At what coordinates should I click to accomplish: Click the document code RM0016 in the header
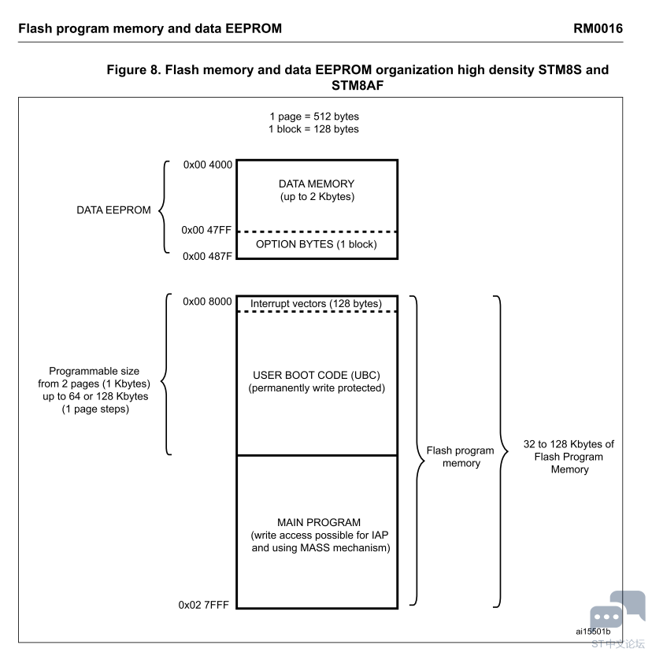[x=598, y=28]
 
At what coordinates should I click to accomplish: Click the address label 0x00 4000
[x=207, y=165]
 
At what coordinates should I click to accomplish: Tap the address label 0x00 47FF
[x=206, y=230]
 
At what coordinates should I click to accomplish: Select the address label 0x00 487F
[x=207, y=257]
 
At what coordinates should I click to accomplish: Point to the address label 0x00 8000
[x=207, y=302]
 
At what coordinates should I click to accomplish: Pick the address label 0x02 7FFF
[x=204, y=605]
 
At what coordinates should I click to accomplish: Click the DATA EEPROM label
[x=113, y=210]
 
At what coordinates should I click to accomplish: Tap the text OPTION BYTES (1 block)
[x=317, y=244]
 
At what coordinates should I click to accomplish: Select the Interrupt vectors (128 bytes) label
[x=317, y=304]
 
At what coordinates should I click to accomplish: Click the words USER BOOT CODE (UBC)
[x=317, y=376]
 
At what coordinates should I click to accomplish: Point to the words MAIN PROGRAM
[x=319, y=523]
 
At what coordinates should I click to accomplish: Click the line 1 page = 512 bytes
[x=314, y=117]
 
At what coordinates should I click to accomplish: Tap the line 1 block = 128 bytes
[x=313, y=129]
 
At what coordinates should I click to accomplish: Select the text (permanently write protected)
[x=317, y=388]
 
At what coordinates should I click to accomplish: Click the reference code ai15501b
[x=593, y=632]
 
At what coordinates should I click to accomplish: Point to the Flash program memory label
[x=461, y=457]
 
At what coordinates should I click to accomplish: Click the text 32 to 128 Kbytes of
[x=569, y=444]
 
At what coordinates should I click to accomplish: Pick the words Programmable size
[x=94, y=372]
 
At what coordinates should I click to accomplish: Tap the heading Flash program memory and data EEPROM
[x=150, y=28]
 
